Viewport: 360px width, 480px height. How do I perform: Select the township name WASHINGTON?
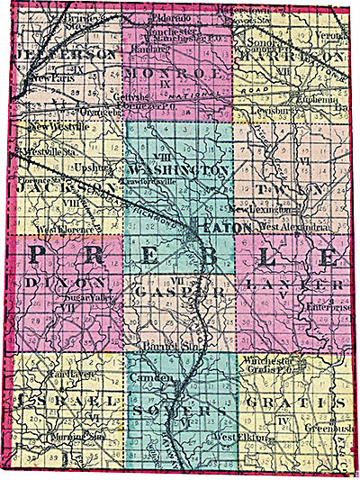177,168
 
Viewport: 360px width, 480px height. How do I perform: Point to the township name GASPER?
168,292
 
